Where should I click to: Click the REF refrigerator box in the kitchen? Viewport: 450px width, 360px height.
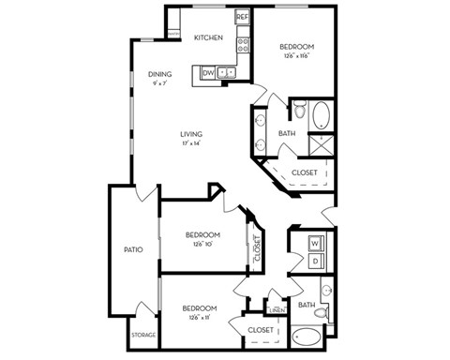coord(241,17)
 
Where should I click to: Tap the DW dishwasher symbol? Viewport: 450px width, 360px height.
coord(208,72)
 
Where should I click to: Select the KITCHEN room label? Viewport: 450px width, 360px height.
coord(207,38)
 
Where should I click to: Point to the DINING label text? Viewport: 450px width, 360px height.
coord(158,74)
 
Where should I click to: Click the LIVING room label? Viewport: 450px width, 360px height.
coord(191,134)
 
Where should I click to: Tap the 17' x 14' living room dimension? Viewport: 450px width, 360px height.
coord(191,144)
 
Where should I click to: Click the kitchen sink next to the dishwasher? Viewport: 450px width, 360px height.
coord(228,72)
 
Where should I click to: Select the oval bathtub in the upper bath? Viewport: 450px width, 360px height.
coord(321,115)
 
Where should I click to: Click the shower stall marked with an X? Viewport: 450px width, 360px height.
coord(321,143)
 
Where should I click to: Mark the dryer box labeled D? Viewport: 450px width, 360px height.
coord(315,261)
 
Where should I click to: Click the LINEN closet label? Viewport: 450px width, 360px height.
coord(276,309)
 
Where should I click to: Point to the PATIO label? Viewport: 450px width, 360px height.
coord(133,249)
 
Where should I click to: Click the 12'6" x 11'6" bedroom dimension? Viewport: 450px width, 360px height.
coord(295,56)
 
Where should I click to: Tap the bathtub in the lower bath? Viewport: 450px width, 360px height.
coord(307,337)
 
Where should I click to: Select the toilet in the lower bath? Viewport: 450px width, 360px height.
coord(322,312)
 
